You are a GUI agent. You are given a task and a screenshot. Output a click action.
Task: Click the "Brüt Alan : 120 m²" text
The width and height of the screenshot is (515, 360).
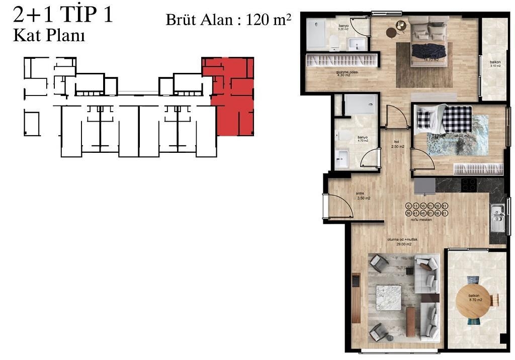(229, 20)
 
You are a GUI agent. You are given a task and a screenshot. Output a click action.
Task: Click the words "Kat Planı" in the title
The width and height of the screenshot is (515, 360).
(48, 36)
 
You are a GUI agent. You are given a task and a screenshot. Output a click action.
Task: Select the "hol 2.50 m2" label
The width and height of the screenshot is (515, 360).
(398, 144)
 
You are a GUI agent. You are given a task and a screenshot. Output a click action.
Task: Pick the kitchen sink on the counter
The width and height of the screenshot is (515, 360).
(497, 217)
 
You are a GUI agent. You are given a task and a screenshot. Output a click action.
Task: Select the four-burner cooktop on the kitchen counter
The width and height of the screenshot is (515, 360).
(469, 185)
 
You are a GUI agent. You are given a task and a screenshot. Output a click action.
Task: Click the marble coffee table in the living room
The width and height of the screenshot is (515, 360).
(388, 297)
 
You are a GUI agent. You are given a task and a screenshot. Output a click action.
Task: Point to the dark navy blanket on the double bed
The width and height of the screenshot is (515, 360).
(428, 51)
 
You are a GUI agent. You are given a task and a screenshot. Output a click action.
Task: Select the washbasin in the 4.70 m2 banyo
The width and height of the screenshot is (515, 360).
(342, 158)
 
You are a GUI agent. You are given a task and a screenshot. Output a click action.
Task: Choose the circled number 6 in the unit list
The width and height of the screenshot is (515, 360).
(408, 206)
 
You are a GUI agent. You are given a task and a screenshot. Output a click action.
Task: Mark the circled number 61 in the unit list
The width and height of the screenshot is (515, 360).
(445, 213)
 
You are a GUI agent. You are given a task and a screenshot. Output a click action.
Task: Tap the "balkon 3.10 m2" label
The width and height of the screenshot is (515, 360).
(495, 64)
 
